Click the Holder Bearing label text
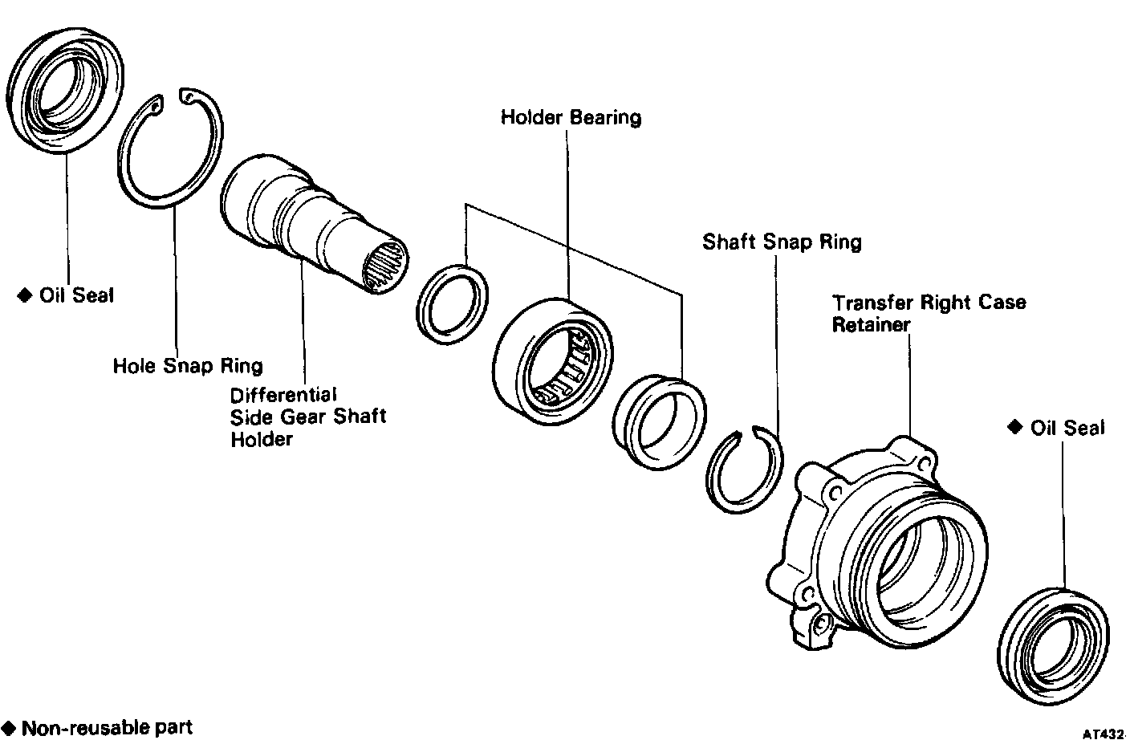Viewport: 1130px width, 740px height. (x=571, y=117)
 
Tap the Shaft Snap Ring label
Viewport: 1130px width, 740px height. (x=782, y=242)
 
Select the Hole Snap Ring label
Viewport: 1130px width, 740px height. (x=187, y=366)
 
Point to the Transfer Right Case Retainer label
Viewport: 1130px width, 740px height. (x=929, y=313)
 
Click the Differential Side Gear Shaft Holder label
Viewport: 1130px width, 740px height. (x=307, y=417)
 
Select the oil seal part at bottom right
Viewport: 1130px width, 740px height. (x=1052, y=641)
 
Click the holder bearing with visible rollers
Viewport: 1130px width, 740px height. (x=551, y=359)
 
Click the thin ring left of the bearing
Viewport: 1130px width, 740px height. (x=453, y=304)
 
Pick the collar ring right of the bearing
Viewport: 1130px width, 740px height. (x=660, y=421)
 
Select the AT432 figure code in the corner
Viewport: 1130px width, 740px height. (x=1104, y=733)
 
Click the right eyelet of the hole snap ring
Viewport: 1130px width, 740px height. (x=188, y=97)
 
